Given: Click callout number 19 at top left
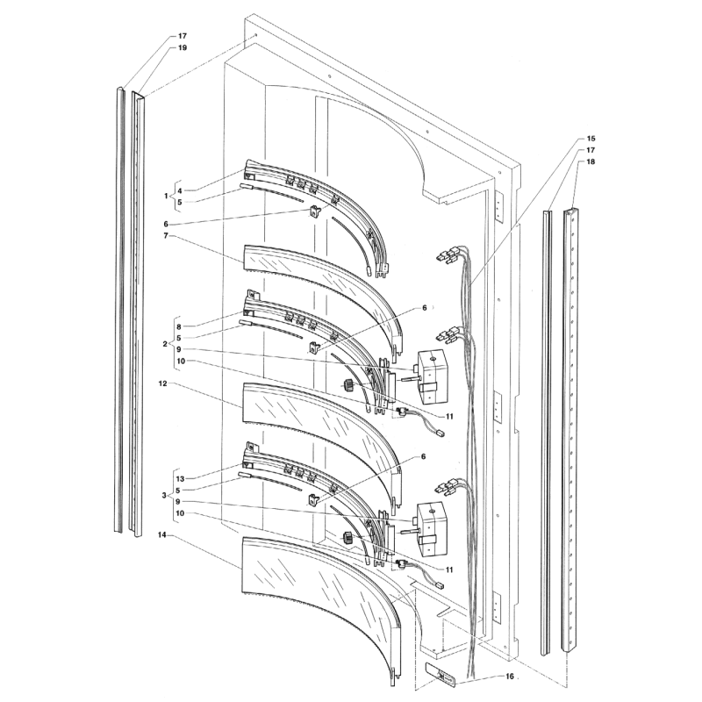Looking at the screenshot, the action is pyautogui.click(x=182, y=48).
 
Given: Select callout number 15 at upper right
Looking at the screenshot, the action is pyautogui.click(x=591, y=139).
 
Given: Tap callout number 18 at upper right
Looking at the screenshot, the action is pyautogui.click(x=591, y=161).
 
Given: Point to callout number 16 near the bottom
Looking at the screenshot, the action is pyautogui.click(x=509, y=676).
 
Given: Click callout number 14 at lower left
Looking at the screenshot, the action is pyautogui.click(x=161, y=535).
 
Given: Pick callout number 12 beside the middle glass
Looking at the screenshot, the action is pyautogui.click(x=162, y=383).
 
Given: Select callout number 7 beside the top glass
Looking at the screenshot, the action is pyautogui.click(x=165, y=235).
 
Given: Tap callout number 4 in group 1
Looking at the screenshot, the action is pyautogui.click(x=179, y=190).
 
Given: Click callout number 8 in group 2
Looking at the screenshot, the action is pyautogui.click(x=179, y=326).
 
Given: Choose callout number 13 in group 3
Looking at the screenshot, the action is pyautogui.click(x=180, y=479).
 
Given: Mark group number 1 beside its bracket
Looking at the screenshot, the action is pyautogui.click(x=166, y=196).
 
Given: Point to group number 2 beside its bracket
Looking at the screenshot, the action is pyautogui.click(x=165, y=344).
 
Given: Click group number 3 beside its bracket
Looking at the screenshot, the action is pyautogui.click(x=165, y=496).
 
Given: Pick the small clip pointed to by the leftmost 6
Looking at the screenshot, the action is pyautogui.click(x=316, y=211).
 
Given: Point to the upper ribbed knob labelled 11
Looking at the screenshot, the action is pyautogui.click(x=348, y=384).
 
